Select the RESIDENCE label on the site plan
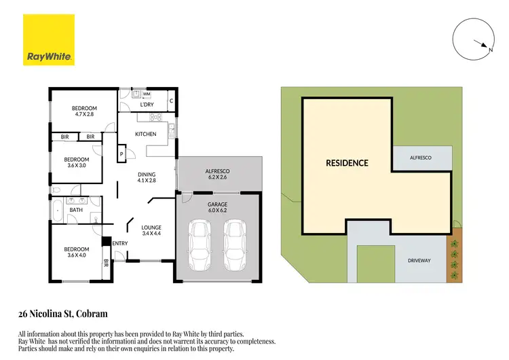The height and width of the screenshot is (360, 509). click(347, 163)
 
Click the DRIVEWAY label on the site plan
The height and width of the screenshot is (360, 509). click(422, 260)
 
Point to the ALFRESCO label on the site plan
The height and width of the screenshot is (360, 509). click(421, 158)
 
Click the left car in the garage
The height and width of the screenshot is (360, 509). click(201, 246)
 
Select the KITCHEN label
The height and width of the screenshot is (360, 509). click(145, 134)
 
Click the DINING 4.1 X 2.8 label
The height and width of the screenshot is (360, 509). click(147, 177)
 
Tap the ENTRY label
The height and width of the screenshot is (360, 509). click(119, 244)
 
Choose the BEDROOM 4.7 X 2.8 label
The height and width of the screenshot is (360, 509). click(85, 111)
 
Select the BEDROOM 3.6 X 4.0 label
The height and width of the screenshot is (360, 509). click(76, 252)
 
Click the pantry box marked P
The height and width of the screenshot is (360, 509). click(121, 155)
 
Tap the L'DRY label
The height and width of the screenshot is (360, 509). click(147, 104)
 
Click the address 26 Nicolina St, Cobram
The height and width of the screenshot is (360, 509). click(62, 314)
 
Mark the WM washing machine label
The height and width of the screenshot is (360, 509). click(147, 94)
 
